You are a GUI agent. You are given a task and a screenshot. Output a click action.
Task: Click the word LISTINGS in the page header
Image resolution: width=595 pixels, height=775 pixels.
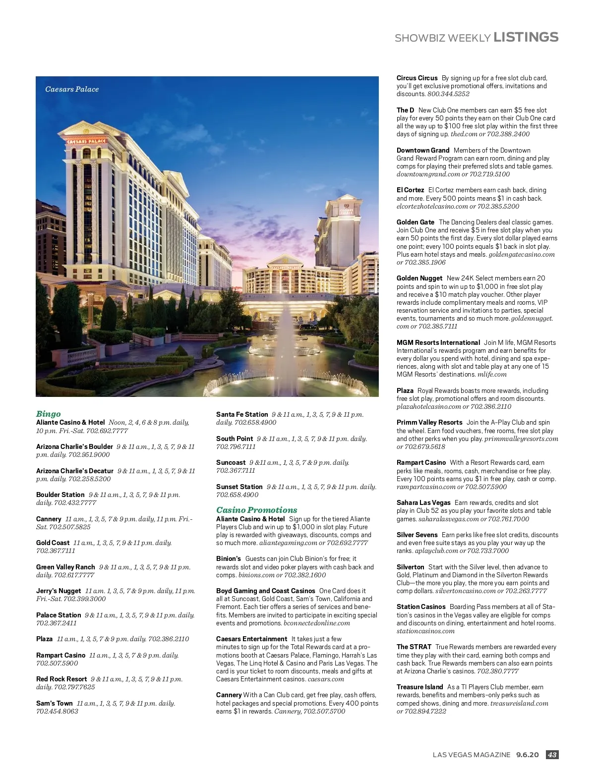[526, 37]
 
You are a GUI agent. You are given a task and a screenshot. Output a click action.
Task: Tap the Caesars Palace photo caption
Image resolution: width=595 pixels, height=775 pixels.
[72, 89]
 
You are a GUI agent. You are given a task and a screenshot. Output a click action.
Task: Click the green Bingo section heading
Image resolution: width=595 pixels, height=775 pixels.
[49, 414]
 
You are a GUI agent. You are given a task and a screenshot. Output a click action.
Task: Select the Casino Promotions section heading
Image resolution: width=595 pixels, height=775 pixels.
[256, 510]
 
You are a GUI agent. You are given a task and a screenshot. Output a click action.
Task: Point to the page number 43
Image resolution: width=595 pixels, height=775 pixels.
[552, 755]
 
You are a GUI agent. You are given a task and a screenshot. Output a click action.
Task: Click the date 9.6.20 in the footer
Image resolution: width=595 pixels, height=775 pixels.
[527, 755]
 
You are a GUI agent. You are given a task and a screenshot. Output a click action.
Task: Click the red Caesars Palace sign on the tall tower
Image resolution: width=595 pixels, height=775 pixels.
[87, 141]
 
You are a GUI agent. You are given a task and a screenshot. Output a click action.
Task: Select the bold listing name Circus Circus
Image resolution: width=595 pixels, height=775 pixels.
[417, 78]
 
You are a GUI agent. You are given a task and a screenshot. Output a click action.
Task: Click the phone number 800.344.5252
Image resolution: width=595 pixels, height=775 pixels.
[448, 94]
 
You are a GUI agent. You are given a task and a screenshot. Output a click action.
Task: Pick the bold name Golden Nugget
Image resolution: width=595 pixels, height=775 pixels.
[419, 278]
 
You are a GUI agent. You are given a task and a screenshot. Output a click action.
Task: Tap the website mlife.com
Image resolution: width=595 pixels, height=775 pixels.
[492, 375]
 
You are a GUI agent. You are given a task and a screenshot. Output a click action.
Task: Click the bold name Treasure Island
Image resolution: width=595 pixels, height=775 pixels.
[419, 687]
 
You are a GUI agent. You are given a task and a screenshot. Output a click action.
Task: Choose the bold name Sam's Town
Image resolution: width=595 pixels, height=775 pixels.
[55, 703]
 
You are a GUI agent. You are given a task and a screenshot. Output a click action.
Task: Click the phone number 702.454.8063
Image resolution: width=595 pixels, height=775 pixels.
[57, 712]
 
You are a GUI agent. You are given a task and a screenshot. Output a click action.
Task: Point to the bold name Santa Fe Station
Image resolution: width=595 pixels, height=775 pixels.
[242, 414]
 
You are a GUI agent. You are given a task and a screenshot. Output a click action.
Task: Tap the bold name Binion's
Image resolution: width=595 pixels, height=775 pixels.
[229, 558]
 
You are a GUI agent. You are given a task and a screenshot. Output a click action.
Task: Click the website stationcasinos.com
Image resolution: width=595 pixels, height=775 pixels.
[425, 631]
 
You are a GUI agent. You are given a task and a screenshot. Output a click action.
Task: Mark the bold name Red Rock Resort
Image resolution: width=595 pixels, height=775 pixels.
[61, 679]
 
